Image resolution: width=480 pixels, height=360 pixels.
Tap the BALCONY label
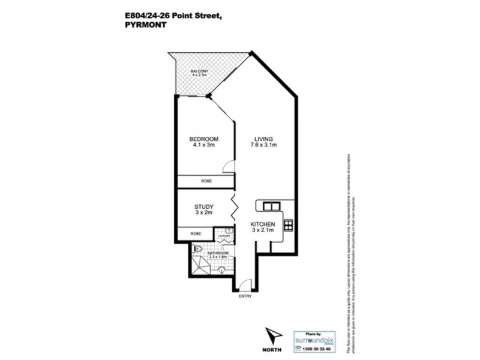200,71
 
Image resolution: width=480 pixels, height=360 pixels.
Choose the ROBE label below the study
196,233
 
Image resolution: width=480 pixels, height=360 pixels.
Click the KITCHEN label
262,224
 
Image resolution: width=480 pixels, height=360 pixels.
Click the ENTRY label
244,296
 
